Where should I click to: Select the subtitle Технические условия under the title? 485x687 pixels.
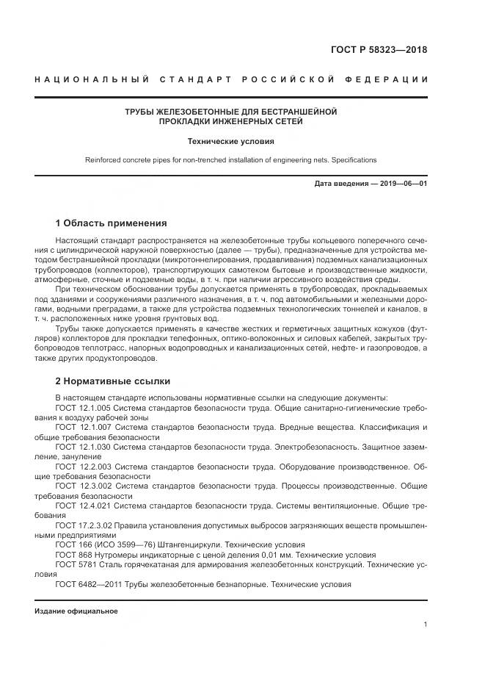point(231,140)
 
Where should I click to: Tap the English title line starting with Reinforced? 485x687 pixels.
point(231,159)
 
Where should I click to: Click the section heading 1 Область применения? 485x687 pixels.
point(112,223)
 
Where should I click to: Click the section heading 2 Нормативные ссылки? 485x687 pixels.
point(113,381)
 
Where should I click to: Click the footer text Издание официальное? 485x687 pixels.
point(76,611)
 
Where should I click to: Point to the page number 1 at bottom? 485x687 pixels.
point(425,624)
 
